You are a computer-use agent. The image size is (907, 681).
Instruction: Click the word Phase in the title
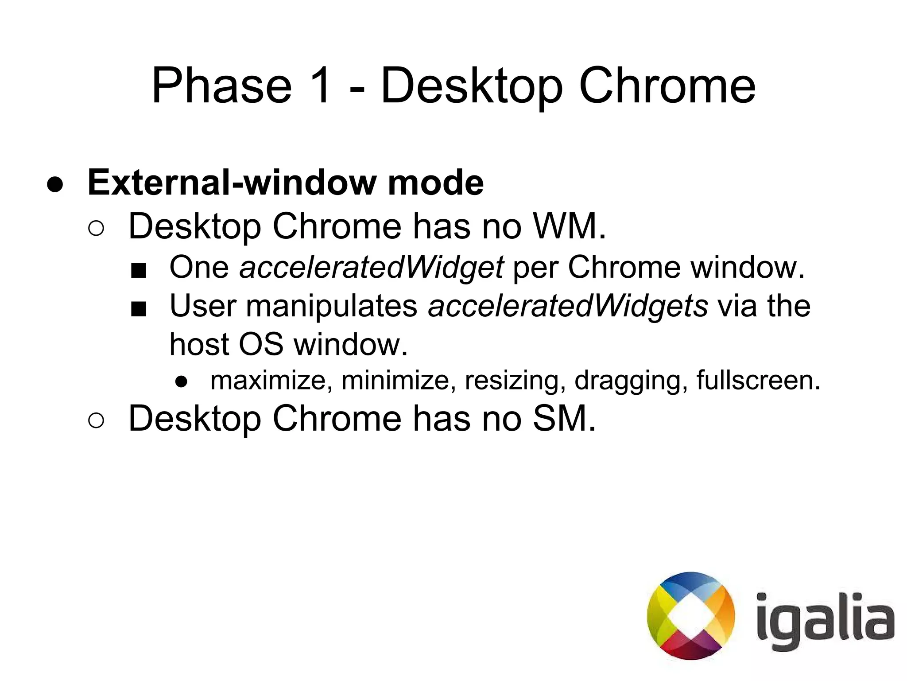(221, 86)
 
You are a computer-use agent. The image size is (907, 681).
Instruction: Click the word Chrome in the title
(667, 86)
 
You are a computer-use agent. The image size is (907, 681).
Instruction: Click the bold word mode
(436, 183)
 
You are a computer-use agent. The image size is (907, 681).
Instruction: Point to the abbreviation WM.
(569, 226)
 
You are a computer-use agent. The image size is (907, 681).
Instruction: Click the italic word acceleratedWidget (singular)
(371, 268)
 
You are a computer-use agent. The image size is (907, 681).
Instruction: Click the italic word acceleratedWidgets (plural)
(568, 306)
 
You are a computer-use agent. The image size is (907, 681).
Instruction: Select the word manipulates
(332, 306)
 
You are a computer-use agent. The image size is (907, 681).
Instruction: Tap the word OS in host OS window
(260, 344)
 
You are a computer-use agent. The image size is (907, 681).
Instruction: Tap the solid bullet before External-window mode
(55, 185)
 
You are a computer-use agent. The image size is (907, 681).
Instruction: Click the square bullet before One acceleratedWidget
(139, 270)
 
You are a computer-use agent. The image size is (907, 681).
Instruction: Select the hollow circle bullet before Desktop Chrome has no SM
(96, 420)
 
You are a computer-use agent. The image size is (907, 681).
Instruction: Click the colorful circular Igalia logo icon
(690, 615)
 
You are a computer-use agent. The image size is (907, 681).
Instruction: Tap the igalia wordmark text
(825, 620)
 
